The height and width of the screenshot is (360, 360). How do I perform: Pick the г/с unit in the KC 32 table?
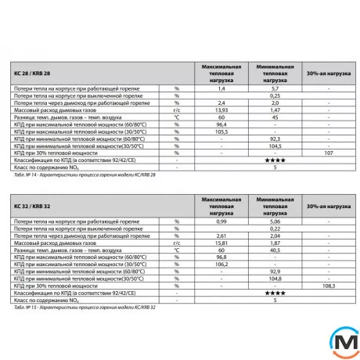(x=177, y=243)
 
